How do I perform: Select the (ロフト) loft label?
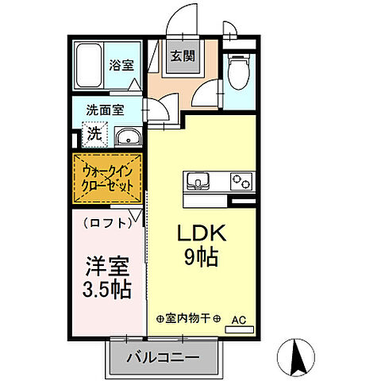tap(108, 223)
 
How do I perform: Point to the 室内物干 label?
tap(188, 319)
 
